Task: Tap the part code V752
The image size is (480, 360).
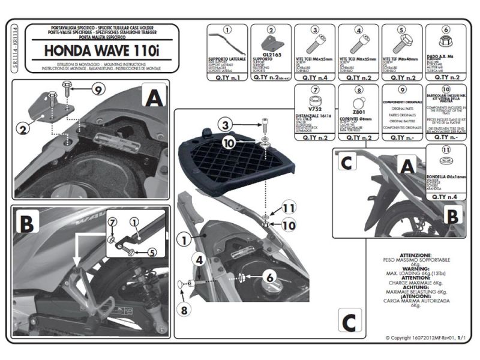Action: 313,111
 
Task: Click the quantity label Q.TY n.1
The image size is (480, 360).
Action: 227,78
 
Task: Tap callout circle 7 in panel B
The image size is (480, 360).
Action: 113,224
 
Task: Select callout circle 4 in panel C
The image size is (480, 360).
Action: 199,260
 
